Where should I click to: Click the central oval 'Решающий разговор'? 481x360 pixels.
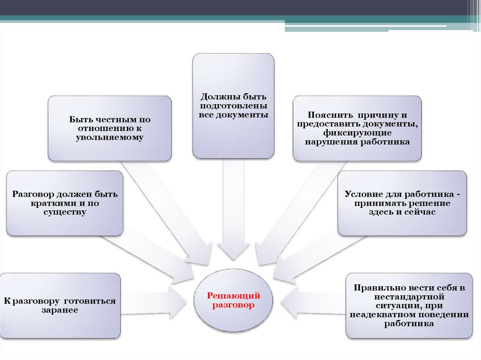[233, 300]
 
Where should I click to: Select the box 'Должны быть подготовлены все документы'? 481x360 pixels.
[233, 105]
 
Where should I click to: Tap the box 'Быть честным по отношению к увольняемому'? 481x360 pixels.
[110, 128]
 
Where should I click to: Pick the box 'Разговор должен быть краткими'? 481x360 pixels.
[65, 203]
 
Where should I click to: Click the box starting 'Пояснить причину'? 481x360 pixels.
[357, 128]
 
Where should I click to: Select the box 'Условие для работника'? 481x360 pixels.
[402, 203]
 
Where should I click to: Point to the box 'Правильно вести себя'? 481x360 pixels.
[409, 306]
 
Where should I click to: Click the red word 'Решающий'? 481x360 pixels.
[233, 296]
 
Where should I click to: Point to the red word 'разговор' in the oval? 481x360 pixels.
[233, 305]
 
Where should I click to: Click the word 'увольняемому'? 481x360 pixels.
[109, 138]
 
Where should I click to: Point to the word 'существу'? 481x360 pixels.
[65, 212]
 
